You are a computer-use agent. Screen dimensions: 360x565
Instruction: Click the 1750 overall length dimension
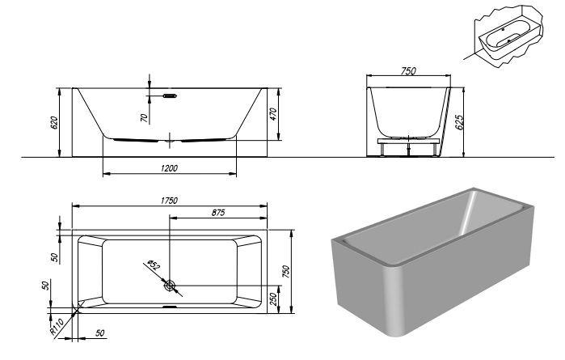click(168, 200)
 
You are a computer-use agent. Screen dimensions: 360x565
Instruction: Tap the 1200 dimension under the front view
click(168, 167)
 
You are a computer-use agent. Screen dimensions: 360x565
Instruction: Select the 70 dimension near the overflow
click(144, 117)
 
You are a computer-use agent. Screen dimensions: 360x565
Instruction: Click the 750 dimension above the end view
click(408, 72)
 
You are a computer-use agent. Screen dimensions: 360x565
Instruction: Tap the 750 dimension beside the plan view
click(285, 270)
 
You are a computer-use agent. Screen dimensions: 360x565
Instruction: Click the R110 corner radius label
click(57, 326)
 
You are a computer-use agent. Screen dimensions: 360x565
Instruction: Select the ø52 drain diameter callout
click(153, 267)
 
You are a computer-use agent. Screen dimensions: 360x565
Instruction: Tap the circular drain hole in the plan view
click(169, 286)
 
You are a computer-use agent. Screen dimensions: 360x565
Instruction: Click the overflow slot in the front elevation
click(170, 95)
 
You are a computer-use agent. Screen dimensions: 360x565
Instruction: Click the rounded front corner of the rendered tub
click(395, 299)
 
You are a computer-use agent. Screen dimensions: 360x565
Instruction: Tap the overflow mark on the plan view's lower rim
click(169, 307)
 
